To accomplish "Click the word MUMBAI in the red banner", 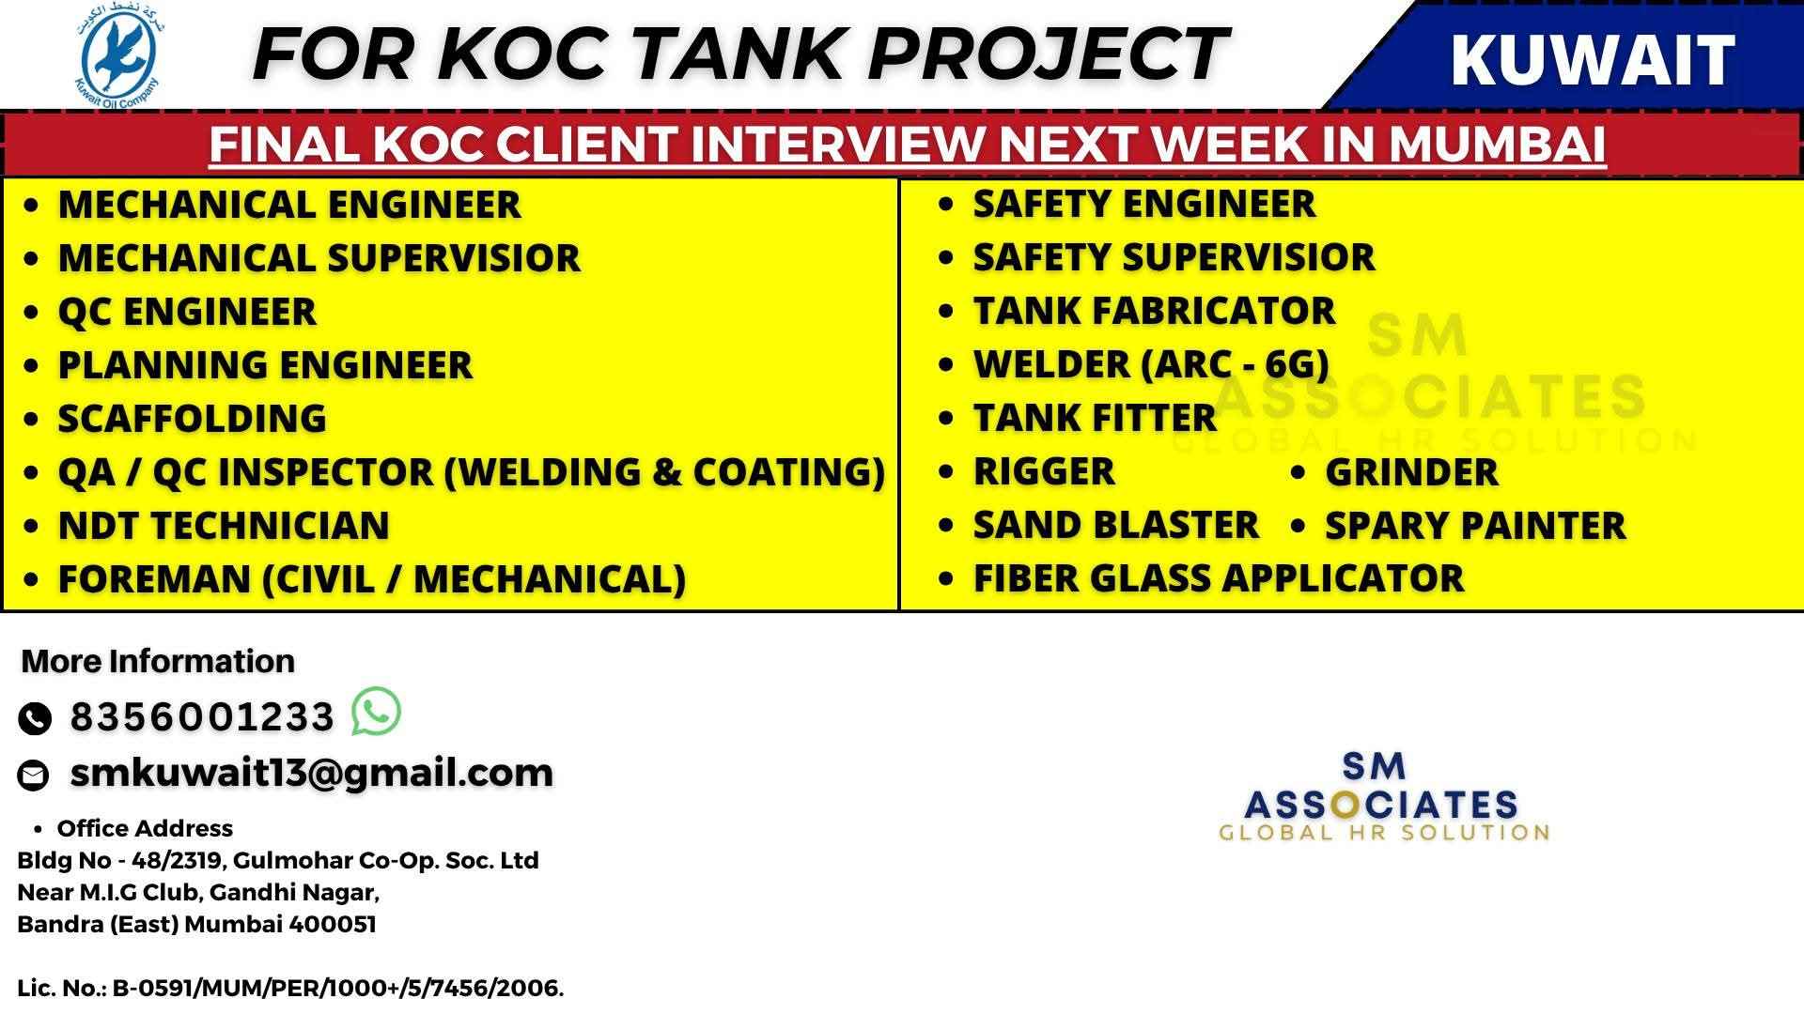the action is click(1497, 144).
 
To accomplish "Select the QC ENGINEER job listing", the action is click(187, 312).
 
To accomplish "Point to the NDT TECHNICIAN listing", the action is click(224, 526).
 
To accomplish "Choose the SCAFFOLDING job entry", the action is click(193, 419).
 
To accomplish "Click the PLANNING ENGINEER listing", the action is click(265, 365).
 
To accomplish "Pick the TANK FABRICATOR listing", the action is click(1154, 311).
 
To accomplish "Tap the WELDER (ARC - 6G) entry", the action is click(1151, 364).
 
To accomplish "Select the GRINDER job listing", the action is click(1411, 472).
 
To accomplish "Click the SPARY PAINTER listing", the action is click(1475, 526).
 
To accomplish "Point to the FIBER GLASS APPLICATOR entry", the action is click(1219, 578).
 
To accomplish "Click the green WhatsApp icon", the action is click(376, 712).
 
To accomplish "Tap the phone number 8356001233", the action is click(202, 717).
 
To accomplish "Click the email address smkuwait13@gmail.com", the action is click(312, 773).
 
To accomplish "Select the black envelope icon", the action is click(34, 775).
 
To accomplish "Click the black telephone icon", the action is click(35, 718).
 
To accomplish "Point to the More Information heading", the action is click(158, 661).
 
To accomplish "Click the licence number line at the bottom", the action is click(290, 989).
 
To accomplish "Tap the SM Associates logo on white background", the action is click(1383, 796).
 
